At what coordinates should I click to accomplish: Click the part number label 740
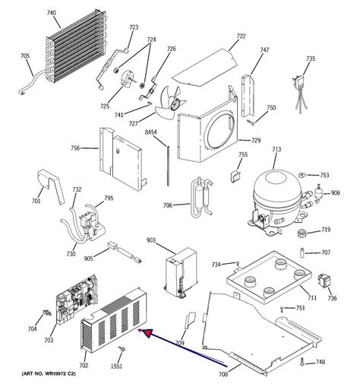(x=52, y=13)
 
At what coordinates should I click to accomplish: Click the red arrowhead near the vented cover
(x=147, y=333)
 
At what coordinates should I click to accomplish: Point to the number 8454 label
(x=150, y=132)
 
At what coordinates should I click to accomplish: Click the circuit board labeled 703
(x=77, y=299)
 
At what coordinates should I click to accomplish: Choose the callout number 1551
(x=116, y=367)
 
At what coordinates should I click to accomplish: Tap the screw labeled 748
(x=302, y=362)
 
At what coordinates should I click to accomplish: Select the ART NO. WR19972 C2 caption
(x=49, y=374)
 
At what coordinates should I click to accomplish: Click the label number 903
(x=151, y=240)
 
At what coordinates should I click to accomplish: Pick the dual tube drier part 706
(x=202, y=197)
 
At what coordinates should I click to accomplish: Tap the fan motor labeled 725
(x=128, y=79)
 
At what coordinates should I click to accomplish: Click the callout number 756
(x=75, y=148)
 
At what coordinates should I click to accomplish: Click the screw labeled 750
(x=251, y=122)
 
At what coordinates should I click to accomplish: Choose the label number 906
(x=336, y=193)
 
